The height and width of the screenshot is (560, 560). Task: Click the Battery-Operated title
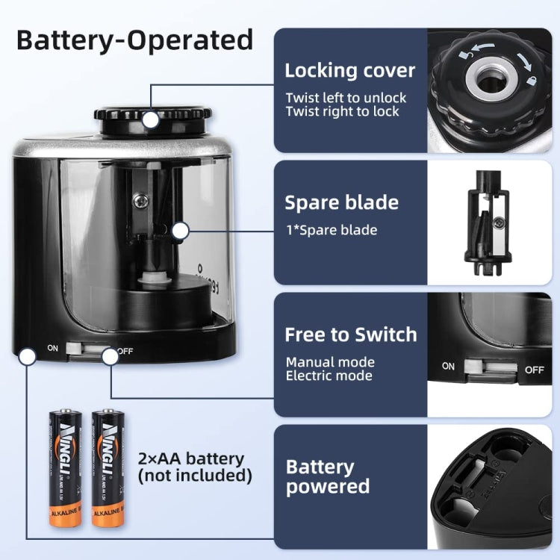pyautogui.click(x=135, y=39)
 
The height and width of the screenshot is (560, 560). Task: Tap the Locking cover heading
pyautogui.click(x=349, y=71)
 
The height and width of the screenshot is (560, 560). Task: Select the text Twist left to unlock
pyautogui.click(x=346, y=98)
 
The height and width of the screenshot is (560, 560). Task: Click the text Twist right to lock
pyautogui.click(x=343, y=112)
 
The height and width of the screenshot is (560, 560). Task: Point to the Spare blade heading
pyautogui.click(x=341, y=203)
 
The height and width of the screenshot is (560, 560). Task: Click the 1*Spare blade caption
pyautogui.click(x=331, y=230)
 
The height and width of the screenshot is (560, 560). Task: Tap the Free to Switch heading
pyautogui.click(x=350, y=335)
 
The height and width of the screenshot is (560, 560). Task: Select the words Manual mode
pyautogui.click(x=330, y=362)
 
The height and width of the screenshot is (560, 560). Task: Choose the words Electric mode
pyautogui.click(x=329, y=376)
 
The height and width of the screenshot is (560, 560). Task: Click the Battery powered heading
pyautogui.click(x=328, y=476)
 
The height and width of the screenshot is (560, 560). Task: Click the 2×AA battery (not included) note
pyautogui.click(x=195, y=467)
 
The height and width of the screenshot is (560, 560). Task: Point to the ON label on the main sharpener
pyautogui.click(x=52, y=347)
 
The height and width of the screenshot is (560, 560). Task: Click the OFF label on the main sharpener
pyautogui.click(x=125, y=351)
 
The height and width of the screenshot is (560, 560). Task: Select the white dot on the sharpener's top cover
pyautogui.click(x=151, y=119)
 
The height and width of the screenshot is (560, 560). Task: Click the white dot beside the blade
pyautogui.click(x=179, y=231)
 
